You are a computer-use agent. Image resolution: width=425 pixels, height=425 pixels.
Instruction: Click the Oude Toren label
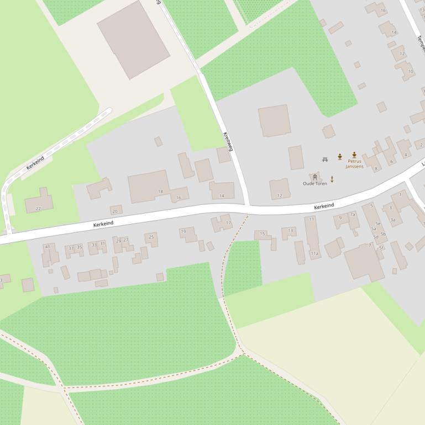coord(315,183)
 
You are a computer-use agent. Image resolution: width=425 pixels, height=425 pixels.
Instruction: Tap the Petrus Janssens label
coord(354,163)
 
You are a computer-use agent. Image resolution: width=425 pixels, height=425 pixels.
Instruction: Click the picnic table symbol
coord(325,160)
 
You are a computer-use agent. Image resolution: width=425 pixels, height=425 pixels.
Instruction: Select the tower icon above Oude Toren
coord(315,177)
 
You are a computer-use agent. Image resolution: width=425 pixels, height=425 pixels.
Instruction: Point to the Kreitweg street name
coord(228,142)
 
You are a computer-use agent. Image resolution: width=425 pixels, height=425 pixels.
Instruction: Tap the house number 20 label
coord(115,211)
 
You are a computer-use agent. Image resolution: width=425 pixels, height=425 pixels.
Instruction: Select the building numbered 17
coord(223,223)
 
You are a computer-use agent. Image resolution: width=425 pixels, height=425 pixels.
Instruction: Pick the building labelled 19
coord(187,233)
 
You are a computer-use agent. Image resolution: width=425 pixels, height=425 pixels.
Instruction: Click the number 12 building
coord(280,189)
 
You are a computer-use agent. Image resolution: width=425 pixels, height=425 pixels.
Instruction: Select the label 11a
coord(314,253)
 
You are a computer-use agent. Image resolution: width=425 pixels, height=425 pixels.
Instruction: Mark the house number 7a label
coord(353,214)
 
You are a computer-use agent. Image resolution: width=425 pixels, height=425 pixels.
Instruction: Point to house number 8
coord(376,168)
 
